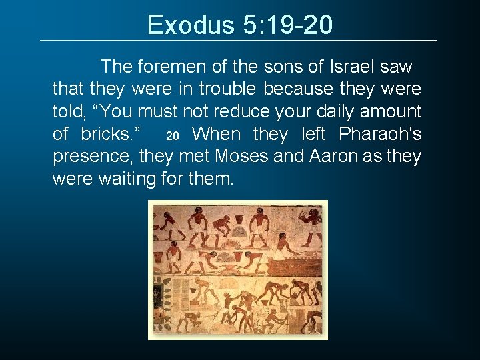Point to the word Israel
(351, 67)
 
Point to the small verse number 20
(172, 136)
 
